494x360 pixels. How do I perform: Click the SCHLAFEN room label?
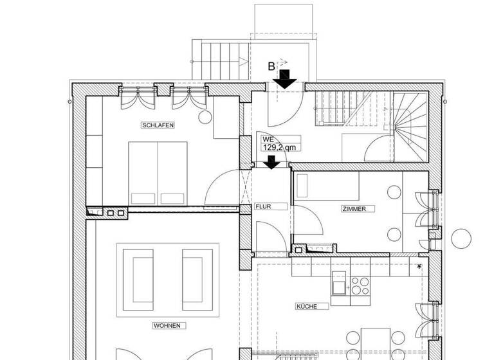tap(158, 125)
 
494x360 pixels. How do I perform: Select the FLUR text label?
tap(263, 206)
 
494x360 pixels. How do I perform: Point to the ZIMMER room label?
tap(354, 209)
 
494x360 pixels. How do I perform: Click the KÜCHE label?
tap(306, 306)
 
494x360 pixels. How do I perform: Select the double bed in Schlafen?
tap(158, 172)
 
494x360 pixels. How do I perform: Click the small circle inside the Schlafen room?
tap(205, 118)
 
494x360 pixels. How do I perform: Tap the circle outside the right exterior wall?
tap(461, 238)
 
